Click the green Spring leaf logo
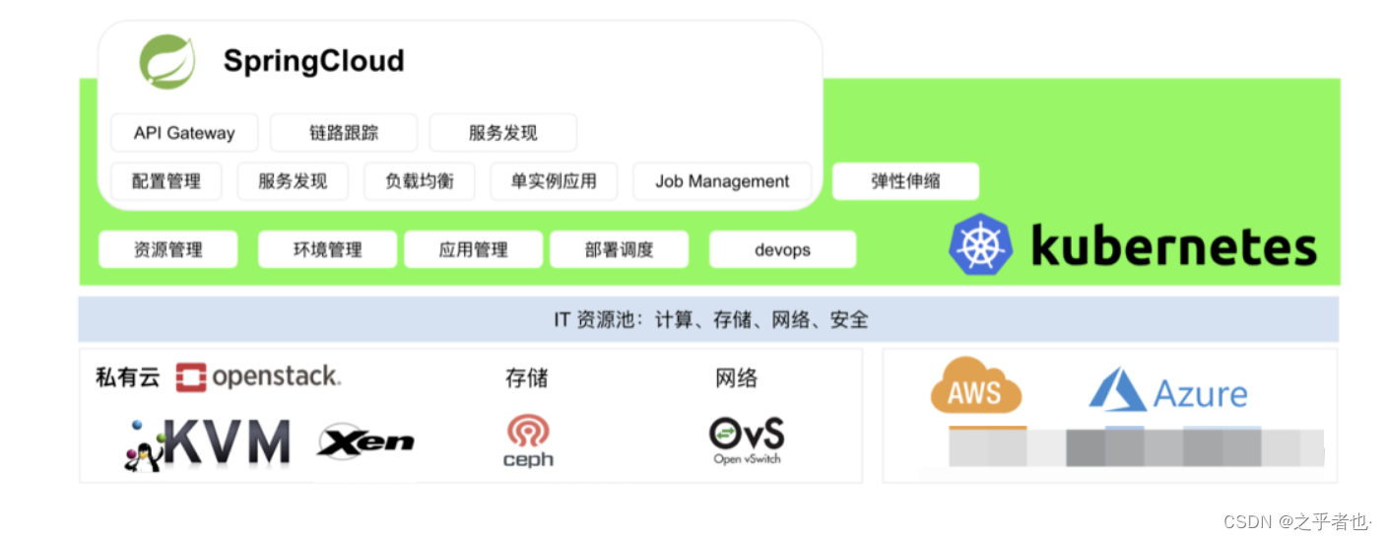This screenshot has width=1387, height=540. pyautogui.click(x=166, y=61)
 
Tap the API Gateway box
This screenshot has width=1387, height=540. pyautogui.click(x=184, y=133)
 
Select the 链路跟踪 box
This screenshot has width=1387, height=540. pyautogui.click(x=344, y=133)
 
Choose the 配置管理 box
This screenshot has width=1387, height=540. pyautogui.click(x=165, y=181)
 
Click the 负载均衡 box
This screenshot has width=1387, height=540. pyautogui.click(x=420, y=181)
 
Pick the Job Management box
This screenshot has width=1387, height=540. pyautogui.click(x=722, y=181)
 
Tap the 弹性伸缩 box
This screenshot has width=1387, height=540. pyautogui.click(x=905, y=181)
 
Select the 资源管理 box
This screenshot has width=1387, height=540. pyautogui.click(x=168, y=249)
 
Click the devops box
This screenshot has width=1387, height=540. pyautogui.click(x=782, y=249)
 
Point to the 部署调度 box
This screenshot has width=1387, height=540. pyautogui.click(x=619, y=249)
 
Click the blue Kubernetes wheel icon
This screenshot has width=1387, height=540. pyautogui.click(x=980, y=244)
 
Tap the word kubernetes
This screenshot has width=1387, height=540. pyautogui.click(x=1173, y=245)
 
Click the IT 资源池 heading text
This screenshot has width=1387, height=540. pyautogui.click(x=710, y=319)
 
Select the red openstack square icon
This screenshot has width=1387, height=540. pyautogui.click(x=191, y=377)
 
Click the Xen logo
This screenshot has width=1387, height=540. pyautogui.click(x=365, y=442)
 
